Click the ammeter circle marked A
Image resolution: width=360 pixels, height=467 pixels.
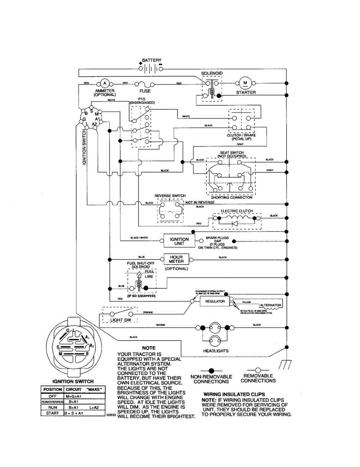tap(104, 83)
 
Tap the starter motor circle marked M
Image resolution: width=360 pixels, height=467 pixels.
tap(245, 83)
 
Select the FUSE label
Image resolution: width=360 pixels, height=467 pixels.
tap(145, 91)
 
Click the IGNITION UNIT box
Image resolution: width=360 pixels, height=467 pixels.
tap(179, 241)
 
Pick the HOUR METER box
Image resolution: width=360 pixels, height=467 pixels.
tap(176, 259)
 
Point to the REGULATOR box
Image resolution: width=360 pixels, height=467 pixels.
tap(215, 301)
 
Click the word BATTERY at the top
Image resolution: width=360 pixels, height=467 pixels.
tap(151, 60)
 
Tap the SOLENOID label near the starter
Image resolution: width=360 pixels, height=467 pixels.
tap(212, 73)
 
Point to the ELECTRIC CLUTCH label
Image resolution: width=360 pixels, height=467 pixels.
tap(237, 211)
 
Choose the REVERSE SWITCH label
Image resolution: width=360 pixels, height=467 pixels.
tap(170, 195)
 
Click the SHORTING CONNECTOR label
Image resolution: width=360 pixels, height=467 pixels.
tap(232, 197)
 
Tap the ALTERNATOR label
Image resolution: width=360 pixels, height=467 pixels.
tap(270, 305)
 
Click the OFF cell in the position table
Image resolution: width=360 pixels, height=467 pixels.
tap(53, 396)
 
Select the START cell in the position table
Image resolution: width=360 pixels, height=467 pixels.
tap(53, 413)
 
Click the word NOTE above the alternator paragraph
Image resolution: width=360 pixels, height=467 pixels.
tap(149, 348)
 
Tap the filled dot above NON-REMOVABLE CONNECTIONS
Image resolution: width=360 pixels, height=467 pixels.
tap(211, 370)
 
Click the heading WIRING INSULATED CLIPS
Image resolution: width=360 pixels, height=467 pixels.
tap(234, 394)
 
